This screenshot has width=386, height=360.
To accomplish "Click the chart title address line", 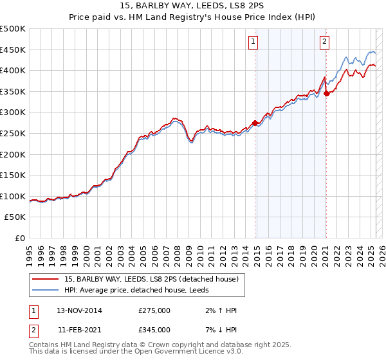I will (193, 6).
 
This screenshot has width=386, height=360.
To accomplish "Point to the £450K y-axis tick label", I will (13, 50).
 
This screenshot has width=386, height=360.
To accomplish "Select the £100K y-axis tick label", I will (13, 196).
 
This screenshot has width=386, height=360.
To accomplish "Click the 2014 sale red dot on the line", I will (255, 123).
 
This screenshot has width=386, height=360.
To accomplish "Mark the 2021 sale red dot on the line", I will (326, 93).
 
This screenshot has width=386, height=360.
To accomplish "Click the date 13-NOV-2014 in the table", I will (79, 310).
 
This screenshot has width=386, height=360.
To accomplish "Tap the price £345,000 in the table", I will (154, 330).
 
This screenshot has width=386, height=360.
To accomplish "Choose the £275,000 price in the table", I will (154, 310).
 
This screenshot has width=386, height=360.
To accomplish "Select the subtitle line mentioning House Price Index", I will (193, 18).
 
